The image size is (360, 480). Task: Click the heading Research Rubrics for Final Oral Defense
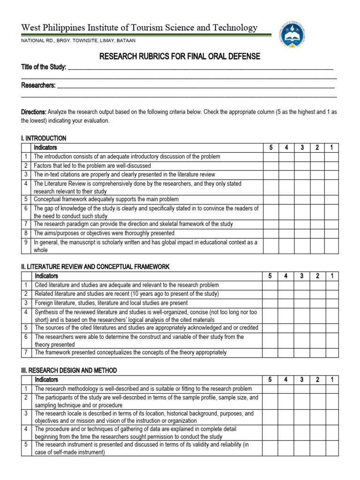(180, 57)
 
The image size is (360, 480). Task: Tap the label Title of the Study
(44, 67)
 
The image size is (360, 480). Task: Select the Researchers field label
(38, 85)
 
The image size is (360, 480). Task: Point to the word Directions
(34, 112)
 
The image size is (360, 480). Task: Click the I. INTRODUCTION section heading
(44, 138)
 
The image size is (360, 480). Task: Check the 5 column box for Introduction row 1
(270, 157)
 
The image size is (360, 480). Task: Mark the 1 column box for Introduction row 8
(331, 233)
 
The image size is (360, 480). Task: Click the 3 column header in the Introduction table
(302, 148)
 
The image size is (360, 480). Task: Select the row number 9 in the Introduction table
(26, 242)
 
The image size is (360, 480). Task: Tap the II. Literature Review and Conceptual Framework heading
(95, 267)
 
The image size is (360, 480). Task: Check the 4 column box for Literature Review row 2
(286, 294)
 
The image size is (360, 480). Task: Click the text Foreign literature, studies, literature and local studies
(111, 303)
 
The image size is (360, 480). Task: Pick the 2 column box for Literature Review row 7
(317, 352)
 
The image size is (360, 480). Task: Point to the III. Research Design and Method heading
(69, 370)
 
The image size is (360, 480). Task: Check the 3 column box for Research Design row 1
(302, 389)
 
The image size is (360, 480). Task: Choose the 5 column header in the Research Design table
(270, 380)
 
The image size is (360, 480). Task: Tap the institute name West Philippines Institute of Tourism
(139, 28)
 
